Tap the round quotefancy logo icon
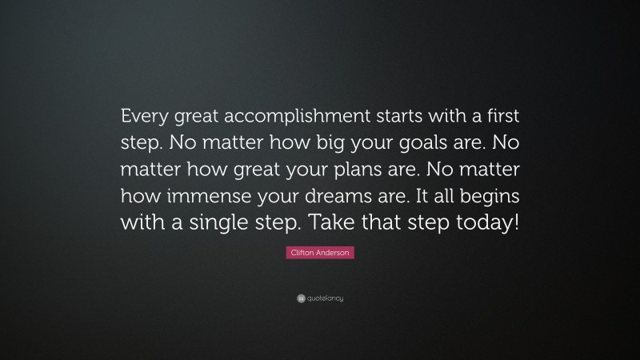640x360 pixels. (300, 298)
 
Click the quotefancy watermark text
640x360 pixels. (325, 298)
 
